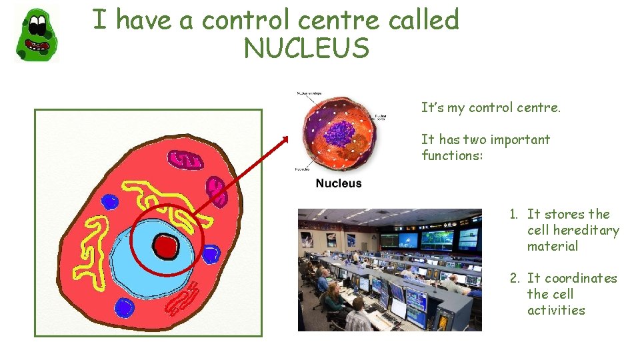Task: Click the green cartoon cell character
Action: [36, 34]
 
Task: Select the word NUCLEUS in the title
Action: [306, 48]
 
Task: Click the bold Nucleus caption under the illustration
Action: [339, 183]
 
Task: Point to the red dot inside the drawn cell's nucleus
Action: [165, 247]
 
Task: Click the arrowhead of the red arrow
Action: [285, 139]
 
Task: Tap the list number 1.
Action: [513, 215]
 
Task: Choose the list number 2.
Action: [514, 279]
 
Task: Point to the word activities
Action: [556, 311]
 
